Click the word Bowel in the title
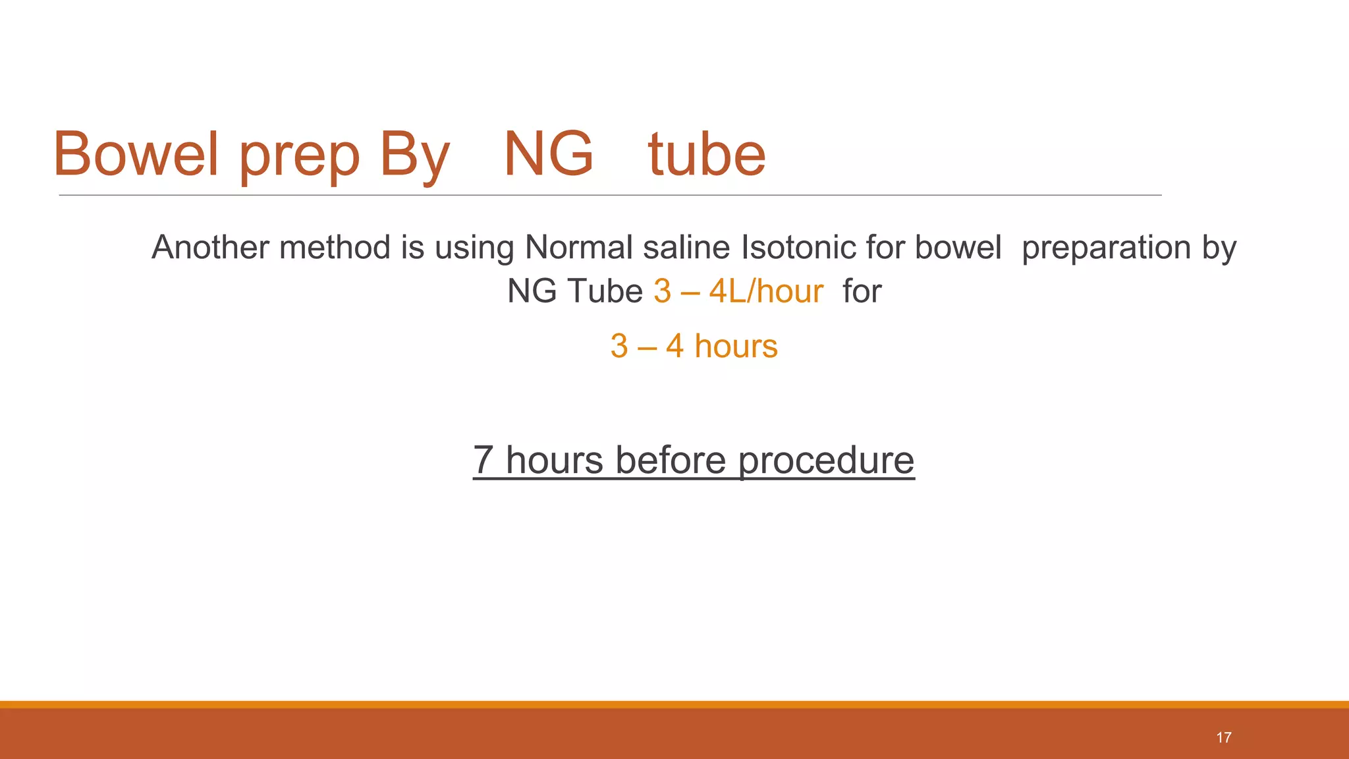click(135, 154)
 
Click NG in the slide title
click(548, 154)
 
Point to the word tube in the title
click(707, 154)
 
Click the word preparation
click(1106, 249)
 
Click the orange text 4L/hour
click(766, 291)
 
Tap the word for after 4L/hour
click(862, 291)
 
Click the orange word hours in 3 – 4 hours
click(736, 347)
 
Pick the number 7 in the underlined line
click(483, 460)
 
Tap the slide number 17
click(1224, 737)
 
